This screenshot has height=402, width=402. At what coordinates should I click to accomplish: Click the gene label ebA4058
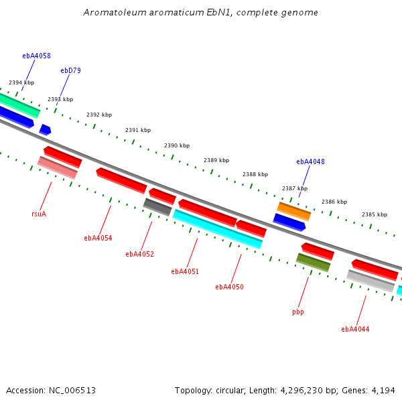point(36,56)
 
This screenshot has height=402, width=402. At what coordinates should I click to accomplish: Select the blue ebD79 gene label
point(70,70)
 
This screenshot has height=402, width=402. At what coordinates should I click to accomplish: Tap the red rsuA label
point(39,214)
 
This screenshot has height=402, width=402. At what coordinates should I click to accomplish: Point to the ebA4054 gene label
point(98,238)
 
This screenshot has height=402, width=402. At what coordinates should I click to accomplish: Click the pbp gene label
point(298,312)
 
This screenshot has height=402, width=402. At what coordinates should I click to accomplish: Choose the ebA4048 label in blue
point(310,161)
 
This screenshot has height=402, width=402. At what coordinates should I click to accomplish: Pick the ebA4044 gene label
point(355,329)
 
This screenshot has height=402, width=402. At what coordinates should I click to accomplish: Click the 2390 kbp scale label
point(177,145)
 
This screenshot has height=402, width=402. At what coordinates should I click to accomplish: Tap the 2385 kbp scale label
point(375,214)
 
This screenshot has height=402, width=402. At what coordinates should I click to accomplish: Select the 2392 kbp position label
point(99,115)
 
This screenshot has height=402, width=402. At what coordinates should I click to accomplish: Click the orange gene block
point(294,212)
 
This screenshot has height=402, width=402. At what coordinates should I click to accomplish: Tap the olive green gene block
point(313,262)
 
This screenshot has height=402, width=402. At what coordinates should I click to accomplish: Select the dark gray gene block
point(157,207)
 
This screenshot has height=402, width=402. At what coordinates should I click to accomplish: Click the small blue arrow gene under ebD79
point(45,130)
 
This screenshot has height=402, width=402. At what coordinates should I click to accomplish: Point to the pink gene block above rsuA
point(58,167)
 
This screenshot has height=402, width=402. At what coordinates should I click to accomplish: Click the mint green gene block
point(19,105)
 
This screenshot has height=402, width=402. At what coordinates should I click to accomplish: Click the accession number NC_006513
point(72,391)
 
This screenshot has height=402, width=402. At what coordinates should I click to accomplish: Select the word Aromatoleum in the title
point(115,12)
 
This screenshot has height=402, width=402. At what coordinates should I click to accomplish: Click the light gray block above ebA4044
point(371,281)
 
